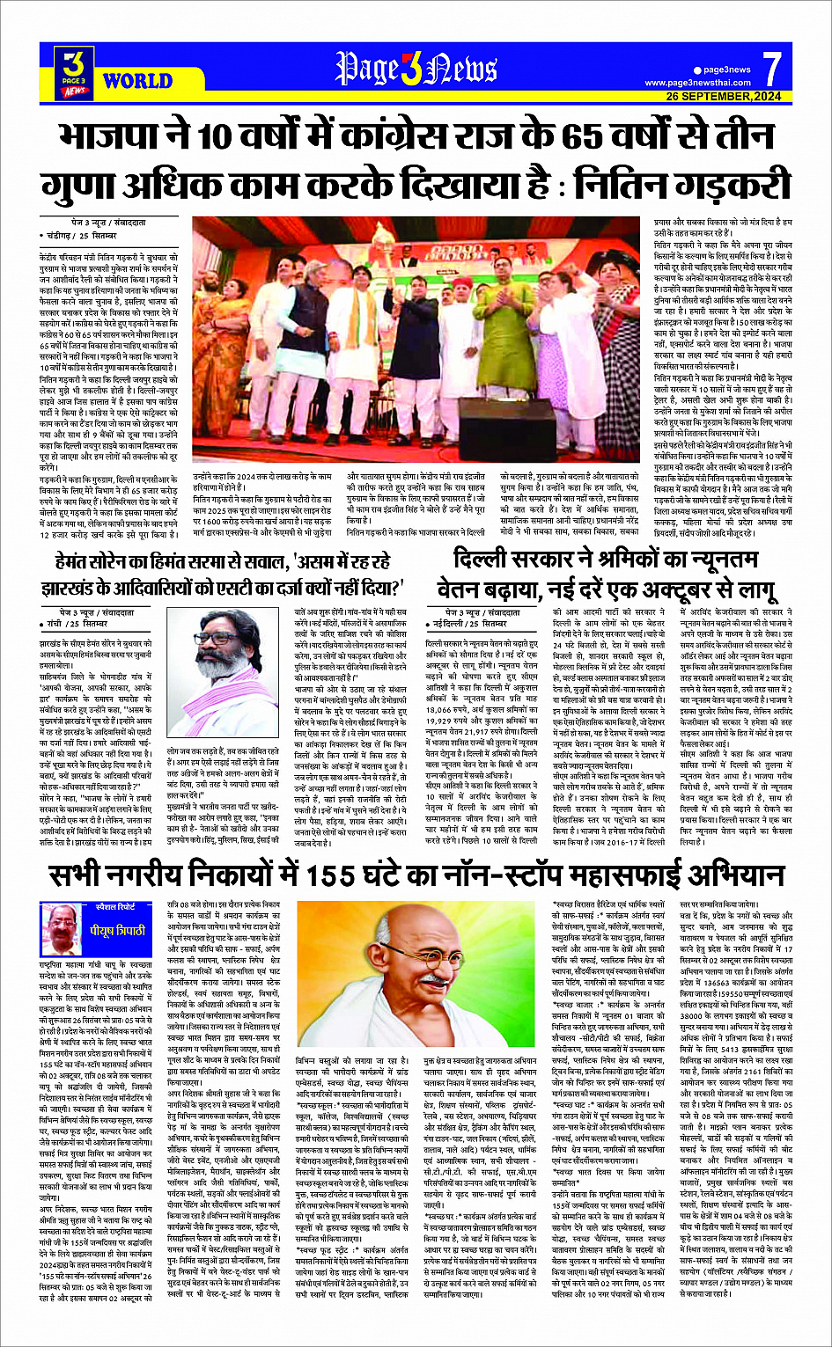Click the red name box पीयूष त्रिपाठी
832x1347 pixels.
105,930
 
